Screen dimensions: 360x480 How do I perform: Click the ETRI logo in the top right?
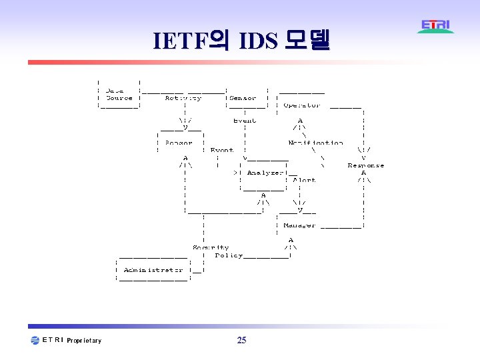coord(436,26)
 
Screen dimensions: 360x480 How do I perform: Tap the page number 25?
coord(241,341)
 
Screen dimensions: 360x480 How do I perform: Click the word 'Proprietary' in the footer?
coord(84,341)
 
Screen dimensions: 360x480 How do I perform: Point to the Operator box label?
coord(301,105)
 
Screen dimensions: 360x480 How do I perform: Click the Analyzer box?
coord(265,173)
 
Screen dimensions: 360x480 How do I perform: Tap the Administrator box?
coord(153,270)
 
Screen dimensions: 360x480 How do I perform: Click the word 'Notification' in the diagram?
coord(315,143)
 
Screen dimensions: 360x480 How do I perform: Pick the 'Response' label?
coord(365,165)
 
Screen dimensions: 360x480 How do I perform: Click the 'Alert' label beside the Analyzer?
coord(304,180)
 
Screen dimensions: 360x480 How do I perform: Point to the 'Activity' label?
coord(183,98)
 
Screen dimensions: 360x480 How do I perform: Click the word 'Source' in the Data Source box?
coord(119,98)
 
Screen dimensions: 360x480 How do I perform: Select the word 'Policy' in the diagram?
coord(229,255)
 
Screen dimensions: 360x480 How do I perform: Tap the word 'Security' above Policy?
coord(211,247)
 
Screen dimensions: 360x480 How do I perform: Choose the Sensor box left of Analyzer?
coord(178,143)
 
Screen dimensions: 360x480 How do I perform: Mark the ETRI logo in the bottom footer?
coord(47,340)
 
